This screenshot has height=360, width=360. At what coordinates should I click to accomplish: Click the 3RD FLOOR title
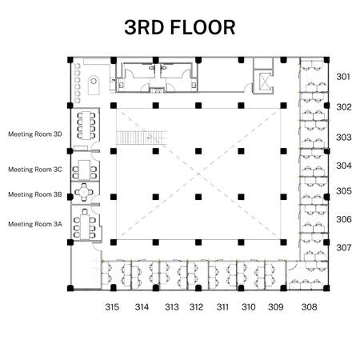pos(180,27)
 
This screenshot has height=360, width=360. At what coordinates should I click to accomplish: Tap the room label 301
pos(343,77)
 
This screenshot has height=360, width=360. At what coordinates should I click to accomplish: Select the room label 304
pos(344,166)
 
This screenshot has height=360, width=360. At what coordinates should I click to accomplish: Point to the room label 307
pos(343,247)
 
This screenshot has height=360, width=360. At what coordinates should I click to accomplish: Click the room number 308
pos(310,307)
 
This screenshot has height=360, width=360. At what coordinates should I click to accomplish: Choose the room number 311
pos(222,307)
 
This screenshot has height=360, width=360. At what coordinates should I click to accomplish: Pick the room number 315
pos(112,307)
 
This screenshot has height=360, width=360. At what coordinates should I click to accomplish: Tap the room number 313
pos(172,307)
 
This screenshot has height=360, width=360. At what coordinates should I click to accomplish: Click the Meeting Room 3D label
pos(35,134)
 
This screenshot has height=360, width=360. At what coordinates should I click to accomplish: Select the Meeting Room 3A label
pos(35,224)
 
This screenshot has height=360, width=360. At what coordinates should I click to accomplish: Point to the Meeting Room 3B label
pos(35,194)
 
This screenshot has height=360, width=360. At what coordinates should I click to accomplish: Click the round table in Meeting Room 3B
pos(84,192)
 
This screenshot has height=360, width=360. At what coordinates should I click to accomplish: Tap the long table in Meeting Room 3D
pos(86,126)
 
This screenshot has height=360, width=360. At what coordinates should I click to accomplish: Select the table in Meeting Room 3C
pos(84,170)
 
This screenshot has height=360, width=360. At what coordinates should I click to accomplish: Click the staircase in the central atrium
pos(141,138)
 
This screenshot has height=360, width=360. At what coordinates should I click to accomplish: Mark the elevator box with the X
pos(263,82)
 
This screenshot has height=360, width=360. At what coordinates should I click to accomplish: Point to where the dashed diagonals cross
pos(198,174)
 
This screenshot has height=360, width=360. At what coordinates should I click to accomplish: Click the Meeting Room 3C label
pos(35,170)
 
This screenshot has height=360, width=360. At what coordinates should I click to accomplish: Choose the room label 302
pos(344,107)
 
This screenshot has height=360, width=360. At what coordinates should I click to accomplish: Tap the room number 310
pos(249,307)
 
